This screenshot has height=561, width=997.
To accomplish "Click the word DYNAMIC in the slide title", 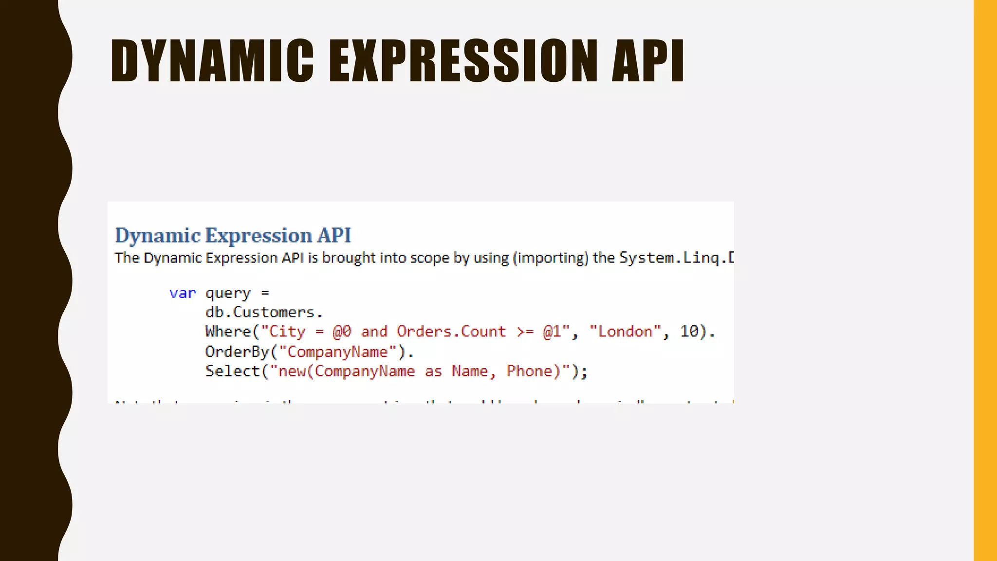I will click(x=212, y=61).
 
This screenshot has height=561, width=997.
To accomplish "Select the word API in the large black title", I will click(x=647, y=61).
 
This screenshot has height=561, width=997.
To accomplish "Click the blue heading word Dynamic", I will click(x=158, y=236).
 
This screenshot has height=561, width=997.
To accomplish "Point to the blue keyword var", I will click(x=183, y=293).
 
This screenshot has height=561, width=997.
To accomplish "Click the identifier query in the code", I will click(x=228, y=294).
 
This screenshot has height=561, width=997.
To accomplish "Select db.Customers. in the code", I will click(x=264, y=312).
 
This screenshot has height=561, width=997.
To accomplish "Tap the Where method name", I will click(x=228, y=332).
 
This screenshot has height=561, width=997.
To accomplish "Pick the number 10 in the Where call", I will click(x=689, y=332).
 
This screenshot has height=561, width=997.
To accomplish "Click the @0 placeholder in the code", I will click(x=342, y=332).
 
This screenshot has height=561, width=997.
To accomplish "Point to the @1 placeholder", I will click(x=552, y=332).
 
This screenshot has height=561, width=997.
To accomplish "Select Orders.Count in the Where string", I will click(x=451, y=332).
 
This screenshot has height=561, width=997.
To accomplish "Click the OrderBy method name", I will click(x=237, y=352).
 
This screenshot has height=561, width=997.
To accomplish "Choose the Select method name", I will click(x=233, y=371).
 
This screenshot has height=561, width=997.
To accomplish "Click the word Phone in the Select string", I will click(x=530, y=371).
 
